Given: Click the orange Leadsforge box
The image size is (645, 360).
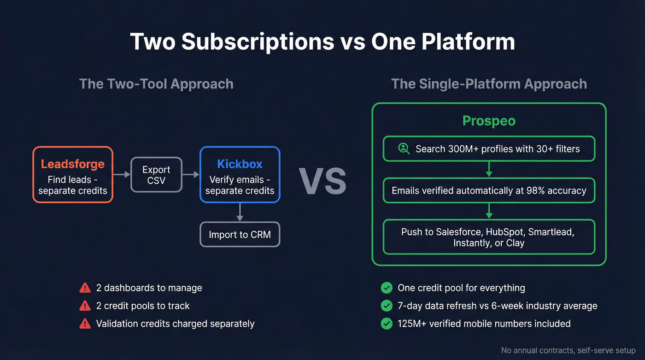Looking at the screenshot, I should tap(73, 174).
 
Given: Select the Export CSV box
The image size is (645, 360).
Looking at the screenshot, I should tap(156, 175).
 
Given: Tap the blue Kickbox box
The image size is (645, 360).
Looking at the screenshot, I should tap(240, 174).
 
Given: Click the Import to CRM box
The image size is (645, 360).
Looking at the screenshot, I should tap(240, 235).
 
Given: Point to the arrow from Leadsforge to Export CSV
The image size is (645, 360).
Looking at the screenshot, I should tap(122, 174).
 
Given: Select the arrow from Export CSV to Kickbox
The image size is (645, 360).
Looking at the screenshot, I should tap(191, 174).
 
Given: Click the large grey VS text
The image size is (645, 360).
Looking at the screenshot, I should tap(322, 181).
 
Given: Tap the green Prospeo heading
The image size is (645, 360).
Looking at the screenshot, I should tap(489, 121).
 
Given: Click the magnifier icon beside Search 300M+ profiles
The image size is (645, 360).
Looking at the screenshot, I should tap(404, 148).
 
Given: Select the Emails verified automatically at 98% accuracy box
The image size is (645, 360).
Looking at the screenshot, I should tap(489, 190).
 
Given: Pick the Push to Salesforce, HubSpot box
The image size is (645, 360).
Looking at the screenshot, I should tap(489, 237).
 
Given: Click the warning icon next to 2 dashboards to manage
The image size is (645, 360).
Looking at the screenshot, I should tap(85, 288).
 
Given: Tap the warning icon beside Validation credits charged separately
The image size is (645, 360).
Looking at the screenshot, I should tap(85, 324).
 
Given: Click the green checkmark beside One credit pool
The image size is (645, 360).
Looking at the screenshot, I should tap(387, 288).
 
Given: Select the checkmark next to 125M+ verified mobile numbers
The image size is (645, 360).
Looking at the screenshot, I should tap(387, 324).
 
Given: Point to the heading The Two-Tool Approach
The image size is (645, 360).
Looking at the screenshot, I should tap(156, 84).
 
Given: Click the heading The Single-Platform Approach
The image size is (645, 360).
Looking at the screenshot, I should tap(489, 84).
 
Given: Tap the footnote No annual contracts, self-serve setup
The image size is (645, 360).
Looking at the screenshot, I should tap(568, 350).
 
